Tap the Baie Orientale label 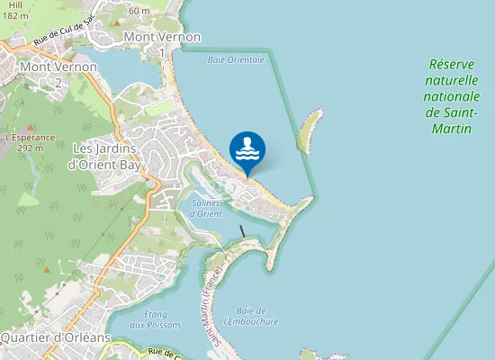pyautogui.click(x=236, y=59)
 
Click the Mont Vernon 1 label pyautogui.click(x=162, y=44)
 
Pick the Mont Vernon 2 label pyautogui.click(x=58, y=74)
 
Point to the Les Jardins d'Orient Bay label pyautogui.click(x=104, y=156)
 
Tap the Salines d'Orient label pyautogui.click(x=206, y=208)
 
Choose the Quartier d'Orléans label pyautogui.click(x=56, y=337)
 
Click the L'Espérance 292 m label pyautogui.click(x=31, y=142)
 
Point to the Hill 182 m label pyautogui.click(x=13, y=10)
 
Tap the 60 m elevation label pyautogui.click(x=139, y=11)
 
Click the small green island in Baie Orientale pyautogui.click(x=308, y=129)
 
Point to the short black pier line pyautogui.click(x=242, y=230)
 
